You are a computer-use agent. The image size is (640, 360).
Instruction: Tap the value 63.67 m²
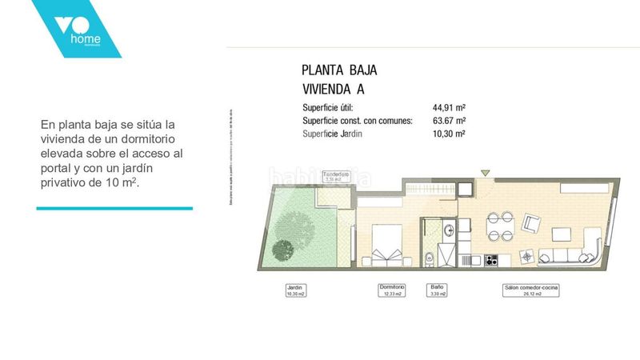pos(449,121)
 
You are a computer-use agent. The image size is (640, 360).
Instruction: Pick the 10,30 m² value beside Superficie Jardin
pos(449,134)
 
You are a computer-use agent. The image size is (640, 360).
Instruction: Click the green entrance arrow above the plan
pos(485,171)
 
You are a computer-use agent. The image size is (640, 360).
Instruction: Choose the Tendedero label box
pos(336,177)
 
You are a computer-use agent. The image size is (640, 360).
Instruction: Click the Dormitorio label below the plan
pos(392,290)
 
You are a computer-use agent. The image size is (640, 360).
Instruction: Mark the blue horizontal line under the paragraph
pos(114,208)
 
